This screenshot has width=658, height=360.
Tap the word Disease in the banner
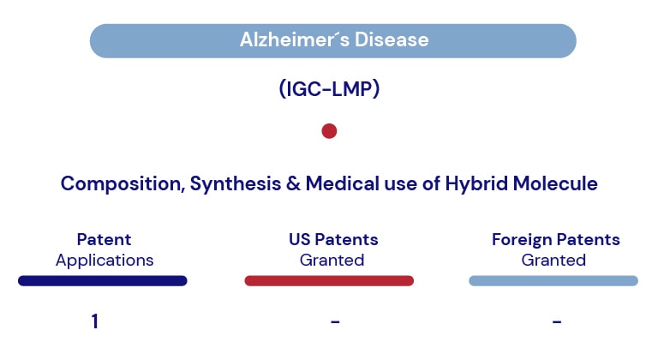pos(392,40)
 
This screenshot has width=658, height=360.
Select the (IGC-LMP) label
pos(329,89)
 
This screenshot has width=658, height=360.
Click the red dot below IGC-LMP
pos(329,131)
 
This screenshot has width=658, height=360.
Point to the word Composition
pos(123,184)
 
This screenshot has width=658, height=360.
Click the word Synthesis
pos(236,184)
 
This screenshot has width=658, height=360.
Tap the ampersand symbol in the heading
pos(293,183)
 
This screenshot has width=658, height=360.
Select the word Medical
pos(343,183)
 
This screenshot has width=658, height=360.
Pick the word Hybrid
pos(476,184)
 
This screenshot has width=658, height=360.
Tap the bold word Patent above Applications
pos(104,239)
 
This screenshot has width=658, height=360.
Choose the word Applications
pos(105,261)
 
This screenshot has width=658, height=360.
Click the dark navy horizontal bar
pos(103,280)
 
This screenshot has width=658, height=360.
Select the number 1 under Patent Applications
pos(95,321)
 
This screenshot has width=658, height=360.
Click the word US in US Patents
pos(300,239)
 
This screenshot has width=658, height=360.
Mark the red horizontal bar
pos(329,280)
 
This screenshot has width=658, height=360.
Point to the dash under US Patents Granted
pos(335,321)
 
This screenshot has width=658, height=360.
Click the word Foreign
pos(522,240)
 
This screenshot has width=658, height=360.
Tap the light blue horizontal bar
pos(553,280)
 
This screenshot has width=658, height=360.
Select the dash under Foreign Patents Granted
pos(557,321)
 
